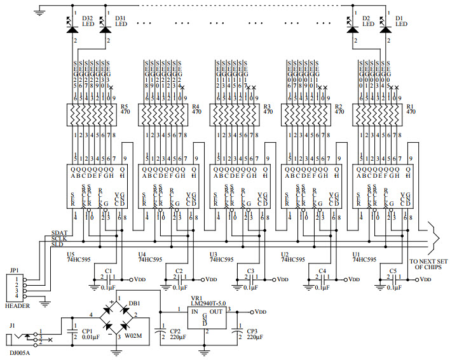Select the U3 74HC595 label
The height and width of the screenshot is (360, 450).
point(219,257)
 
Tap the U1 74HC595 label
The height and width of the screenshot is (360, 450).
point(362,257)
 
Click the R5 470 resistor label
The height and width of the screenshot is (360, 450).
point(125,109)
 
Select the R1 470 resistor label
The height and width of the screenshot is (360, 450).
point(410,109)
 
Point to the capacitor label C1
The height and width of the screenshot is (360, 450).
point(109,271)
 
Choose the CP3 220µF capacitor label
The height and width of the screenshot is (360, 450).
point(255,334)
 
